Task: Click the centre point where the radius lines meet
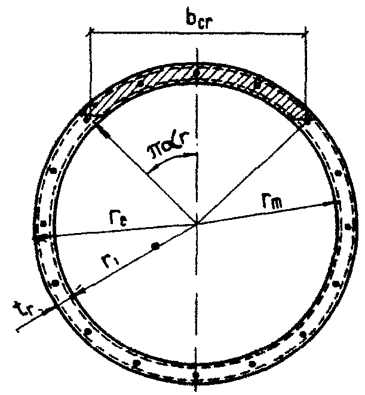pyautogui.click(x=197, y=225)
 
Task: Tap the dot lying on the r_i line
pyautogui.click(x=155, y=246)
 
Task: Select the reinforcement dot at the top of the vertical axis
pyautogui.click(x=197, y=74)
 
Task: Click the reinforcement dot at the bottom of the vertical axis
pyautogui.click(x=197, y=375)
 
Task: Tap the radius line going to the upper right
pyautogui.click(x=251, y=170)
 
